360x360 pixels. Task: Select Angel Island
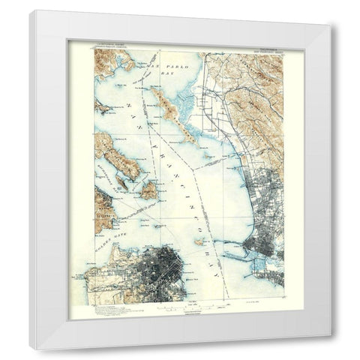148,189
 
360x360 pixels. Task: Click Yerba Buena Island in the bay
198,241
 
